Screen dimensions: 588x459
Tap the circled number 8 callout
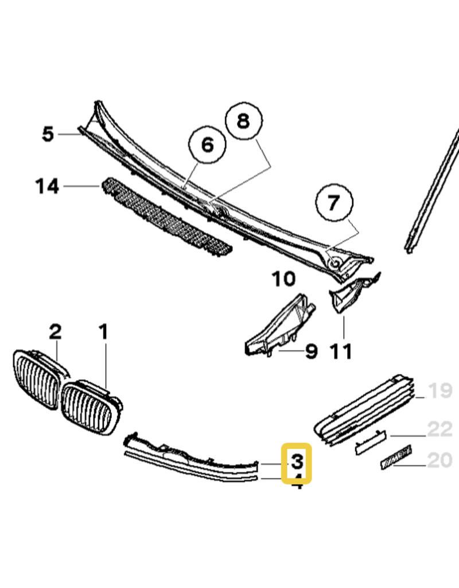(x=243, y=122)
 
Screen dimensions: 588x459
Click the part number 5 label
(x=48, y=134)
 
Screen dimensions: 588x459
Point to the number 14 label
(x=47, y=186)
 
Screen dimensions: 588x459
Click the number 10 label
(x=283, y=280)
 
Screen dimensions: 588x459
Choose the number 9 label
(x=310, y=351)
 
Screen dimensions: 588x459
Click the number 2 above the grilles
(x=55, y=332)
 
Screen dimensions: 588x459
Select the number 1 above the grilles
(x=103, y=332)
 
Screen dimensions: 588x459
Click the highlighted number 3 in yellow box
(x=297, y=461)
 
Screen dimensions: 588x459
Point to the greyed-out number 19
(x=441, y=391)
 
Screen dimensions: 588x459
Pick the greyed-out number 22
(x=441, y=428)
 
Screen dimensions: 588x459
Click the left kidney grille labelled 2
(x=37, y=379)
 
